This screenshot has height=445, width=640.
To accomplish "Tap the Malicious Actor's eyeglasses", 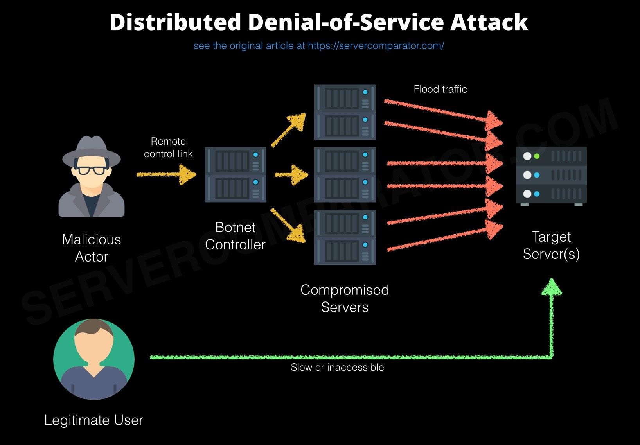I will (x=91, y=170).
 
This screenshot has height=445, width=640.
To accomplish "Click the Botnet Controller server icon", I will (x=235, y=175).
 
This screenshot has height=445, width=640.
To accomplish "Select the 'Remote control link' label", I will (x=168, y=147).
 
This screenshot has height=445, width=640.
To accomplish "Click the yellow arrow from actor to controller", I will (x=166, y=174).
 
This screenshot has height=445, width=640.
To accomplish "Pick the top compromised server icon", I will (x=345, y=112).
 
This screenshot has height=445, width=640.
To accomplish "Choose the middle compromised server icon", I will (x=345, y=175).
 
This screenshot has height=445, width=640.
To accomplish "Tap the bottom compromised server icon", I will (x=345, y=237).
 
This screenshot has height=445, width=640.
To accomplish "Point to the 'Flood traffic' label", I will (x=440, y=89).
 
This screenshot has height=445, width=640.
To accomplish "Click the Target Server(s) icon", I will (x=551, y=176).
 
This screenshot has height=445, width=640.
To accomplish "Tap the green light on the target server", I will (x=537, y=156).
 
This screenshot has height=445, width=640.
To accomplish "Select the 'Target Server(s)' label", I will (x=551, y=245).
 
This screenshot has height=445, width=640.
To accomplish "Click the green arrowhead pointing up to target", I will (x=552, y=287).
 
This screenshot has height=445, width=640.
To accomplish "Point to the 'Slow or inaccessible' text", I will (x=337, y=368).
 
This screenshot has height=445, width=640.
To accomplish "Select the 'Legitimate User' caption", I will (x=94, y=420).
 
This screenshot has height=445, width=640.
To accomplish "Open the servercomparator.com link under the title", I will (x=376, y=46).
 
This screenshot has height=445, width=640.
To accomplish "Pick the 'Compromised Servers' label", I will (x=345, y=298).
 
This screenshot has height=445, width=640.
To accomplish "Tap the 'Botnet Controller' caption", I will (x=235, y=236).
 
